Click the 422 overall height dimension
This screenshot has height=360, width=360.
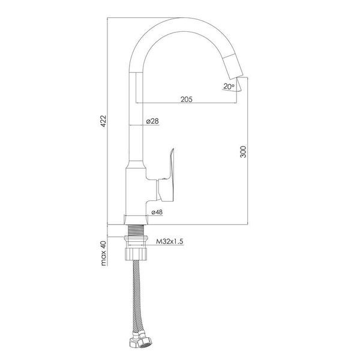(104, 121)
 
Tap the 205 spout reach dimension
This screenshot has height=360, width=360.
(187, 100)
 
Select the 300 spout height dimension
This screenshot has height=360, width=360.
(243, 152)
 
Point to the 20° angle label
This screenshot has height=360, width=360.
(229, 86)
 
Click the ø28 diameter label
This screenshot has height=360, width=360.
(152, 121)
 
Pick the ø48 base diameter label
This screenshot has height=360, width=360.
(157, 212)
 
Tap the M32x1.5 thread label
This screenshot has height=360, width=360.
(170, 242)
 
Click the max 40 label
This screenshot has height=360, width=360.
(104, 253)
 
